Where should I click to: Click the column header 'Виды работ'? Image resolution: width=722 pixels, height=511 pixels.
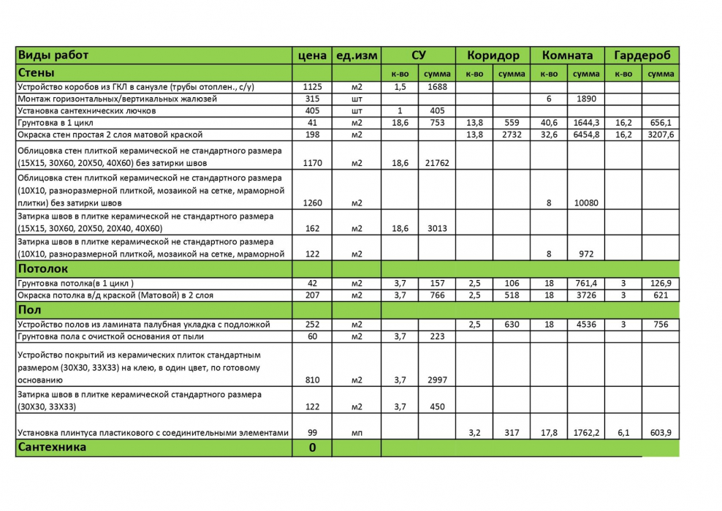(53, 56)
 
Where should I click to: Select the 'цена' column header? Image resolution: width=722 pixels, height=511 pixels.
(312, 56)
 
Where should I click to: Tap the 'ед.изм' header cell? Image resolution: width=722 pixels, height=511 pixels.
(357, 56)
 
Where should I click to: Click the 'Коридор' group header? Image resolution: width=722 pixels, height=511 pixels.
(493, 56)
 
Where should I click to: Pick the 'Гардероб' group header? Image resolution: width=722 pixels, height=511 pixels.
(642, 56)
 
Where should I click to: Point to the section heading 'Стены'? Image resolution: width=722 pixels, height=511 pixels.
(37, 73)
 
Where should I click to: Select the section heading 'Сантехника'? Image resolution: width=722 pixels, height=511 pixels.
(52, 447)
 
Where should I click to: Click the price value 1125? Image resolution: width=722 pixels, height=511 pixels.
(312, 86)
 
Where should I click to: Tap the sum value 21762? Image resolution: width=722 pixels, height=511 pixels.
(437, 163)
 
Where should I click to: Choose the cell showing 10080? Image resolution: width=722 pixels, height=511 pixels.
(586, 202)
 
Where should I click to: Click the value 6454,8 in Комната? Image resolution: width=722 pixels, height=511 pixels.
(586, 135)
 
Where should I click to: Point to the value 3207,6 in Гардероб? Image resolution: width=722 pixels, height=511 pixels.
(661, 135)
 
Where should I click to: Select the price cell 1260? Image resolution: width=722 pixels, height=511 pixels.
(312, 202)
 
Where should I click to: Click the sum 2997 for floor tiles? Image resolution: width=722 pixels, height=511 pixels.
(437, 379)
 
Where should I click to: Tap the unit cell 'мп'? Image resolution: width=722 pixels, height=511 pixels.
(357, 433)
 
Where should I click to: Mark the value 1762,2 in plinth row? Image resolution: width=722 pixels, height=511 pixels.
(586, 433)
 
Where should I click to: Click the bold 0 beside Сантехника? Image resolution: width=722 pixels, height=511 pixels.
(312, 447)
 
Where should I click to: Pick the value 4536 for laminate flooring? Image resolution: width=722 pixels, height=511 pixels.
(586, 324)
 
